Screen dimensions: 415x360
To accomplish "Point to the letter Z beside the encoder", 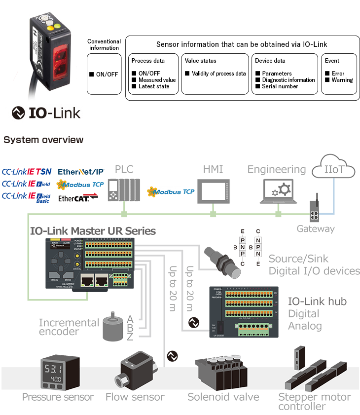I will (130, 337).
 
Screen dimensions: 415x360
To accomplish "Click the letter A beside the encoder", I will (130, 318).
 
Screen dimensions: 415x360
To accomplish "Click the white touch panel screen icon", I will (213, 189).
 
